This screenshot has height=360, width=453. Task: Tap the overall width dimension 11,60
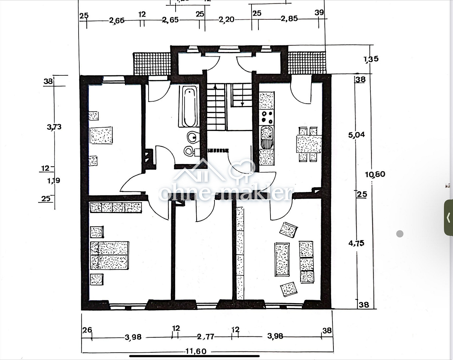[196, 351]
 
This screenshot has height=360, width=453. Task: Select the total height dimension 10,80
[375, 174]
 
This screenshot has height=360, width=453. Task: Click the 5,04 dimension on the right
[356, 135]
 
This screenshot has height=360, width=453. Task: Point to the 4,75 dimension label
[356, 243]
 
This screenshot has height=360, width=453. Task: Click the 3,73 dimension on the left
[54, 127]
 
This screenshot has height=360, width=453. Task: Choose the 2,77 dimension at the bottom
[206, 337]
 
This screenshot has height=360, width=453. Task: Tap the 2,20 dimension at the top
[226, 20]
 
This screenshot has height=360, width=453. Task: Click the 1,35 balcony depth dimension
[371, 59]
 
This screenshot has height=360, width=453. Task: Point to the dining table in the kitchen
[309, 144]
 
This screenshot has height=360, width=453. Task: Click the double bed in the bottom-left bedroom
[109, 255]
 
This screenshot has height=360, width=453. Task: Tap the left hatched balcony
[152, 63]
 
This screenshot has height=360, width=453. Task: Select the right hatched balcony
[306, 63]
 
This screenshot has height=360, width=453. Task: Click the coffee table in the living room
[282, 259]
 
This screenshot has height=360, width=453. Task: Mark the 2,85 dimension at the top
[289, 19]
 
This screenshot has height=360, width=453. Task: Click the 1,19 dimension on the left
[54, 181]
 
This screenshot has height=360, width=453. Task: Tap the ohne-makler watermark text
[226, 193]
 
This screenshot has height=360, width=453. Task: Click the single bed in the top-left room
[101, 135]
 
